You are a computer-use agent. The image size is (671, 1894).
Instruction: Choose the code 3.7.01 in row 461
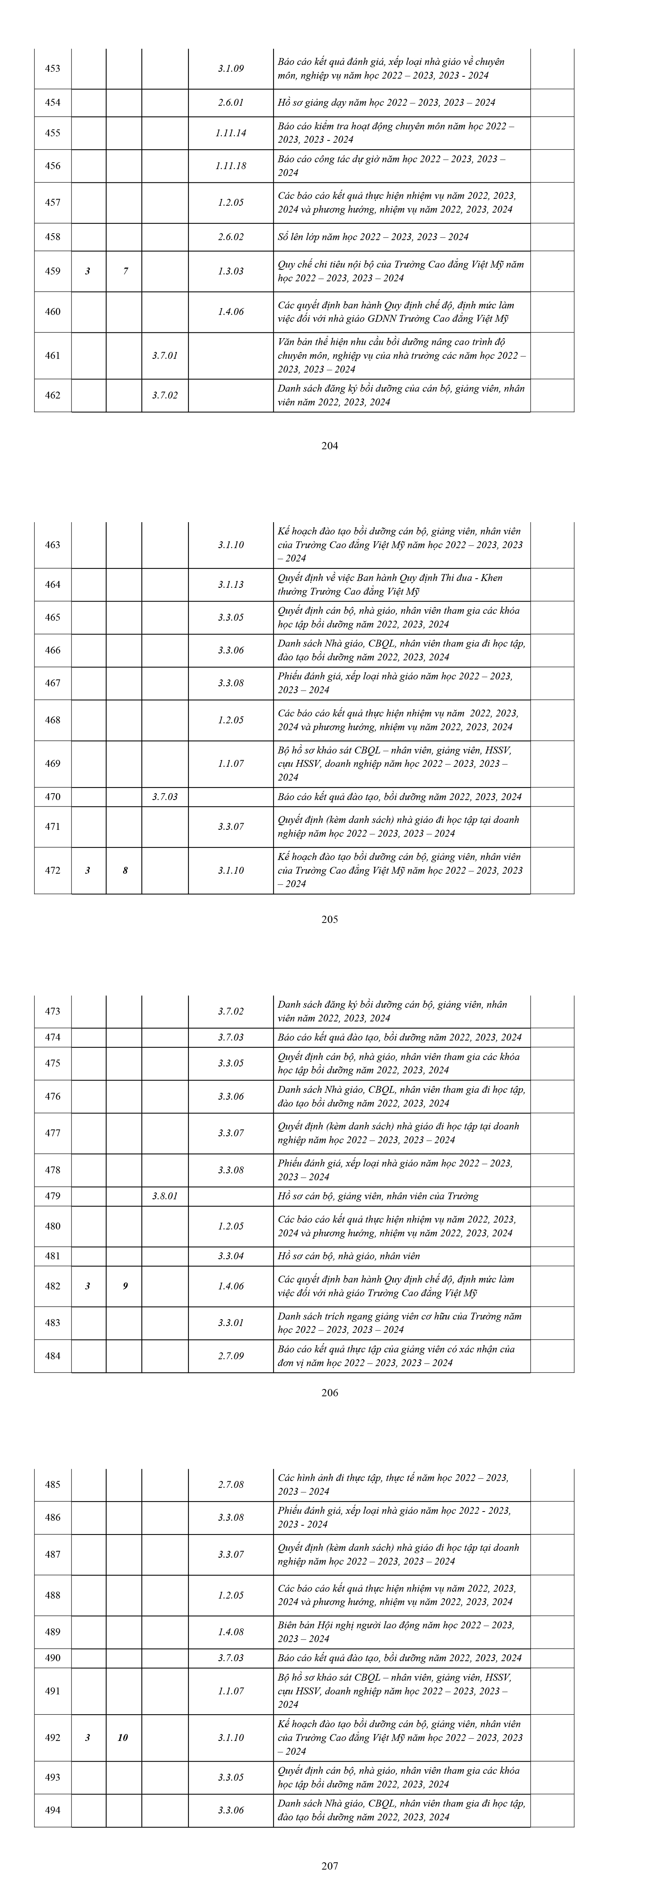click(x=165, y=355)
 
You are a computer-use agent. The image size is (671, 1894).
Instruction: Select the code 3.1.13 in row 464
click(x=230, y=584)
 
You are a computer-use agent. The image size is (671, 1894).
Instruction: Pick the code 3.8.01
click(x=165, y=1196)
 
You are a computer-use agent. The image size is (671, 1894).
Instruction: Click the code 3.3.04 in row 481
click(x=230, y=1256)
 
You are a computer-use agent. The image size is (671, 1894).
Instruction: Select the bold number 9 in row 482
click(x=125, y=1286)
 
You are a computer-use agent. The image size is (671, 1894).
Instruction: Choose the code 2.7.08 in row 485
click(x=230, y=1484)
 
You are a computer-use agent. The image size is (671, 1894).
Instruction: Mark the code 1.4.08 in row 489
click(x=230, y=1631)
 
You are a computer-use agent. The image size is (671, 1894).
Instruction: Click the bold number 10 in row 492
click(x=123, y=1738)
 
